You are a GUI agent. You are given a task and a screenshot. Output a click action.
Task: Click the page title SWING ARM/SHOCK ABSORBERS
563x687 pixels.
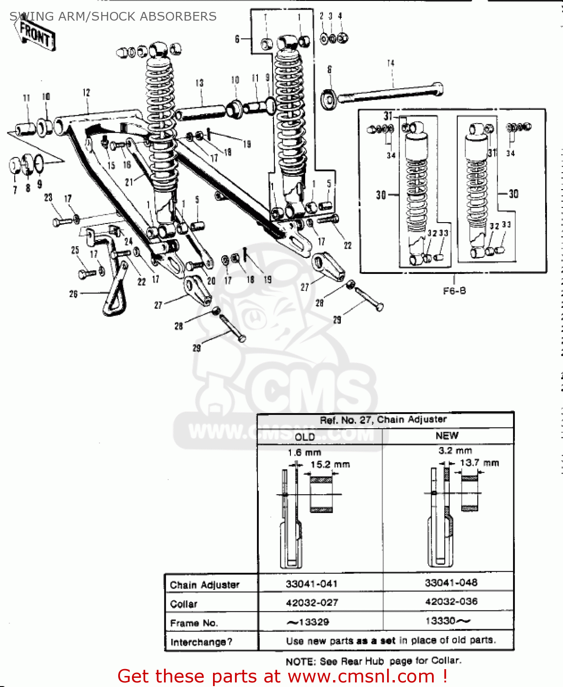(x=113, y=16)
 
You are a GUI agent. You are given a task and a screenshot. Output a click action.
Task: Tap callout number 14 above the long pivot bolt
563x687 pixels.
(x=390, y=63)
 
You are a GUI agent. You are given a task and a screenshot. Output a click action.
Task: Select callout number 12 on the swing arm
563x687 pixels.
(x=87, y=93)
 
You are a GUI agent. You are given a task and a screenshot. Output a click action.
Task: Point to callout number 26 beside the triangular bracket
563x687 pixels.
(x=73, y=294)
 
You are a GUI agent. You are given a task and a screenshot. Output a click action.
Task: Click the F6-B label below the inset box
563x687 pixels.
(x=454, y=291)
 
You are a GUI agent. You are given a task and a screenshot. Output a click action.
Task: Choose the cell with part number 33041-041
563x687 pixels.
(x=312, y=584)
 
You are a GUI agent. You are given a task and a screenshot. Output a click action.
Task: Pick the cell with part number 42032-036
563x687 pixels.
(x=451, y=601)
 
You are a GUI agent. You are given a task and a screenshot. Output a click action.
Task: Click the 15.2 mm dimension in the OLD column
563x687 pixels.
(x=330, y=464)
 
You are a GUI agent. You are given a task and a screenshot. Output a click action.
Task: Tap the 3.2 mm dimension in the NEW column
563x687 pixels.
(x=455, y=451)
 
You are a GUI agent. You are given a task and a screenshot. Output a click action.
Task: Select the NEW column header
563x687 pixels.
(x=447, y=436)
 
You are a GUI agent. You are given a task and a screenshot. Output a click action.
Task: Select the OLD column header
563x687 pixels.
(x=305, y=436)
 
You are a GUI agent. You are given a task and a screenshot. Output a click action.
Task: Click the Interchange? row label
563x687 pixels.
(x=201, y=642)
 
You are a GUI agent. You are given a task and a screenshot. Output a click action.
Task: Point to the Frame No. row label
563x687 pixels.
(x=194, y=623)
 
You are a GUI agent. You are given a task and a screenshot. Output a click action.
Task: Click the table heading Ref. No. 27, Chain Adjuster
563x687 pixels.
(x=383, y=420)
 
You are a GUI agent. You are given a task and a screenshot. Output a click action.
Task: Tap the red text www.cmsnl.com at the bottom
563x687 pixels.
(x=361, y=676)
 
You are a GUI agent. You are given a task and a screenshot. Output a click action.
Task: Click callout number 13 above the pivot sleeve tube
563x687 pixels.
(x=199, y=83)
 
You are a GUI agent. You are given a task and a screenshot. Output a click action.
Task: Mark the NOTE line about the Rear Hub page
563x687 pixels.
(x=373, y=661)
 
